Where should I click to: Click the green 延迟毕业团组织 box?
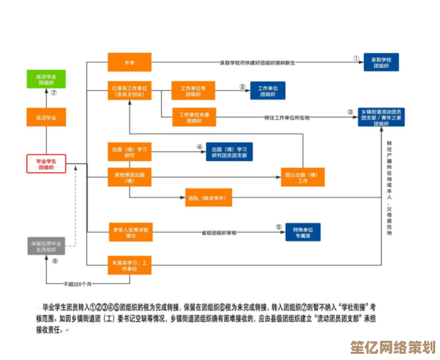pyautogui.click(x=46, y=79)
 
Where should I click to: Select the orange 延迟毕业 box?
pyautogui.click(x=46, y=117)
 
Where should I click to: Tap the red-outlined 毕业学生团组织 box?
pyautogui.click(x=46, y=164)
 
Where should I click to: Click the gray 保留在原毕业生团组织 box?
pyautogui.click(x=46, y=246)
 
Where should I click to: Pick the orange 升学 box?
pyautogui.click(x=129, y=62)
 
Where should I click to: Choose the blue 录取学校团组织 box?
pyautogui.click(x=381, y=62)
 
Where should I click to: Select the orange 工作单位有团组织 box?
pyautogui.click(x=194, y=91)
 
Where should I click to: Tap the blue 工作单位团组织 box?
pyautogui.click(x=267, y=91)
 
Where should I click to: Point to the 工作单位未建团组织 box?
pyautogui.click(x=194, y=117)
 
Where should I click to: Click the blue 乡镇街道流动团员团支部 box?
pyautogui.click(x=381, y=117)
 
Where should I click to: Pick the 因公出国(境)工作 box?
pyautogui.click(x=303, y=177)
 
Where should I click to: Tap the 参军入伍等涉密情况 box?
pyautogui.click(x=129, y=232)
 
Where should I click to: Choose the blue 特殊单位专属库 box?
pyautogui.click(x=303, y=232)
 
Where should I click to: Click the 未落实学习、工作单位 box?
pyautogui.click(x=129, y=265)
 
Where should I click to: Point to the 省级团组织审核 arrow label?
pyautogui.click(x=219, y=232)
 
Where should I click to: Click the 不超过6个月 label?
pyautogui.click(x=77, y=284)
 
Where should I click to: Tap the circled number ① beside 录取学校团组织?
pyautogui.click(x=356, y=58)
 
